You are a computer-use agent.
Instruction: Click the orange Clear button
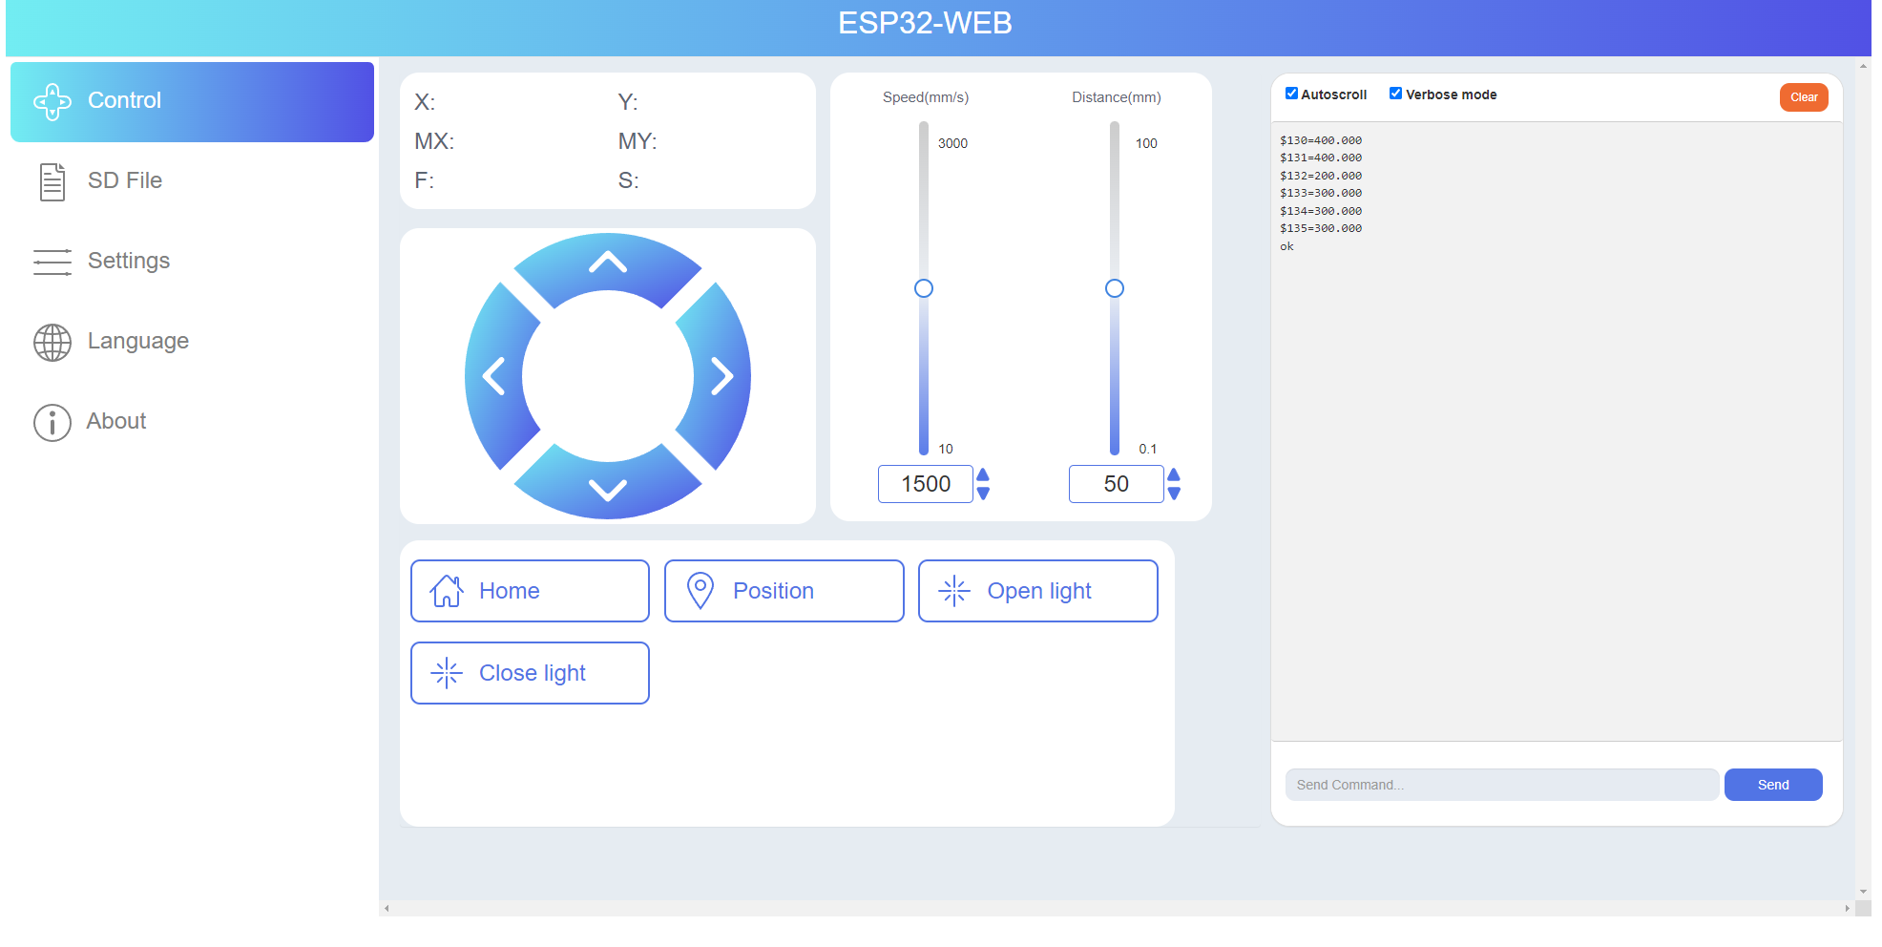[1803, 97]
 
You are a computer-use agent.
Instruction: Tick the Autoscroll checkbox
[1291, 94]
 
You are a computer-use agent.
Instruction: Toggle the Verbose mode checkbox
[1395, 94]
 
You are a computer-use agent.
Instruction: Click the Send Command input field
[1501, 785]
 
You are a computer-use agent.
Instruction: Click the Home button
[530, 591]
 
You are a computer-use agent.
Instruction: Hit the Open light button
[1037, 591]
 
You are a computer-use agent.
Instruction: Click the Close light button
[530, 673]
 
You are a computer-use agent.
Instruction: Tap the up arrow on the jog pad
[608, 263]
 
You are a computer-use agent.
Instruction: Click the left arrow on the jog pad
[494, 376]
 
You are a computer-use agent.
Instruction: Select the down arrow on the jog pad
[608, 489]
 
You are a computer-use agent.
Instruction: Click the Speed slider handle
[924, 288]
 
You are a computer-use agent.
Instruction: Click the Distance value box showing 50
[1116, 484]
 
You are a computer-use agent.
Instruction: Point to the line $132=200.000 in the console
[1321, 176]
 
